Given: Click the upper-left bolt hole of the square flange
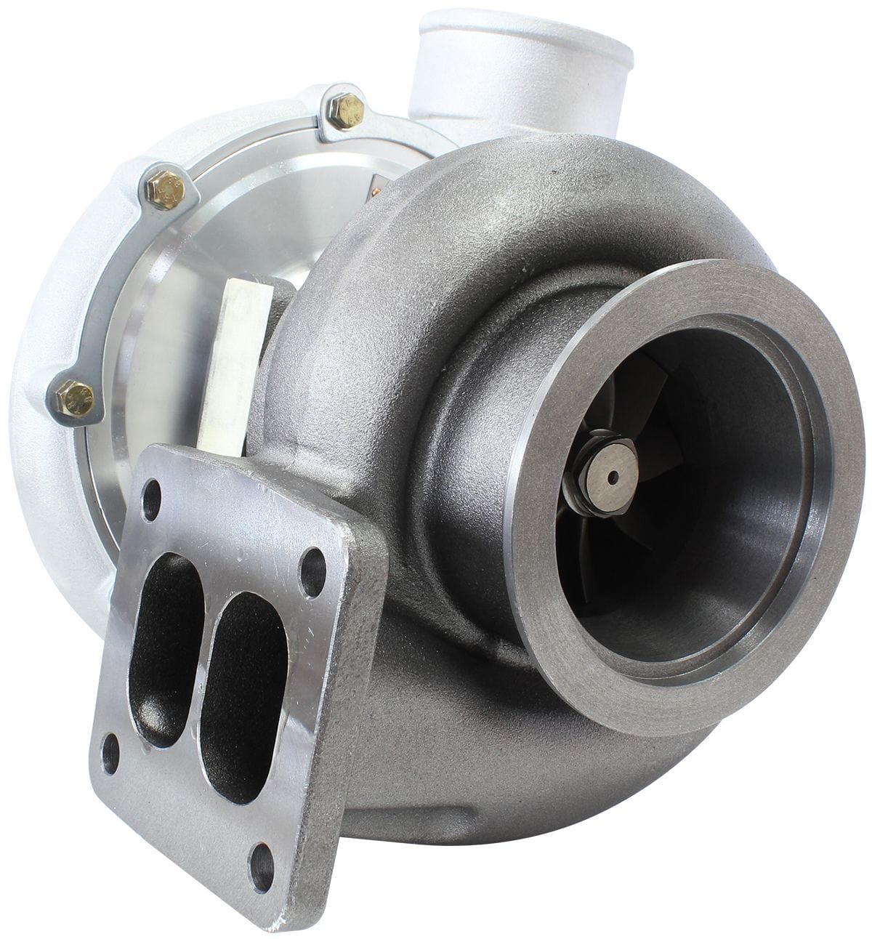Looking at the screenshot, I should (x=152, y=501).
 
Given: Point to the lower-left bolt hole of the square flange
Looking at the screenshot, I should (x=110, y=755).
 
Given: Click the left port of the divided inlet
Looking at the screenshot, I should (x=166, y=640).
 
